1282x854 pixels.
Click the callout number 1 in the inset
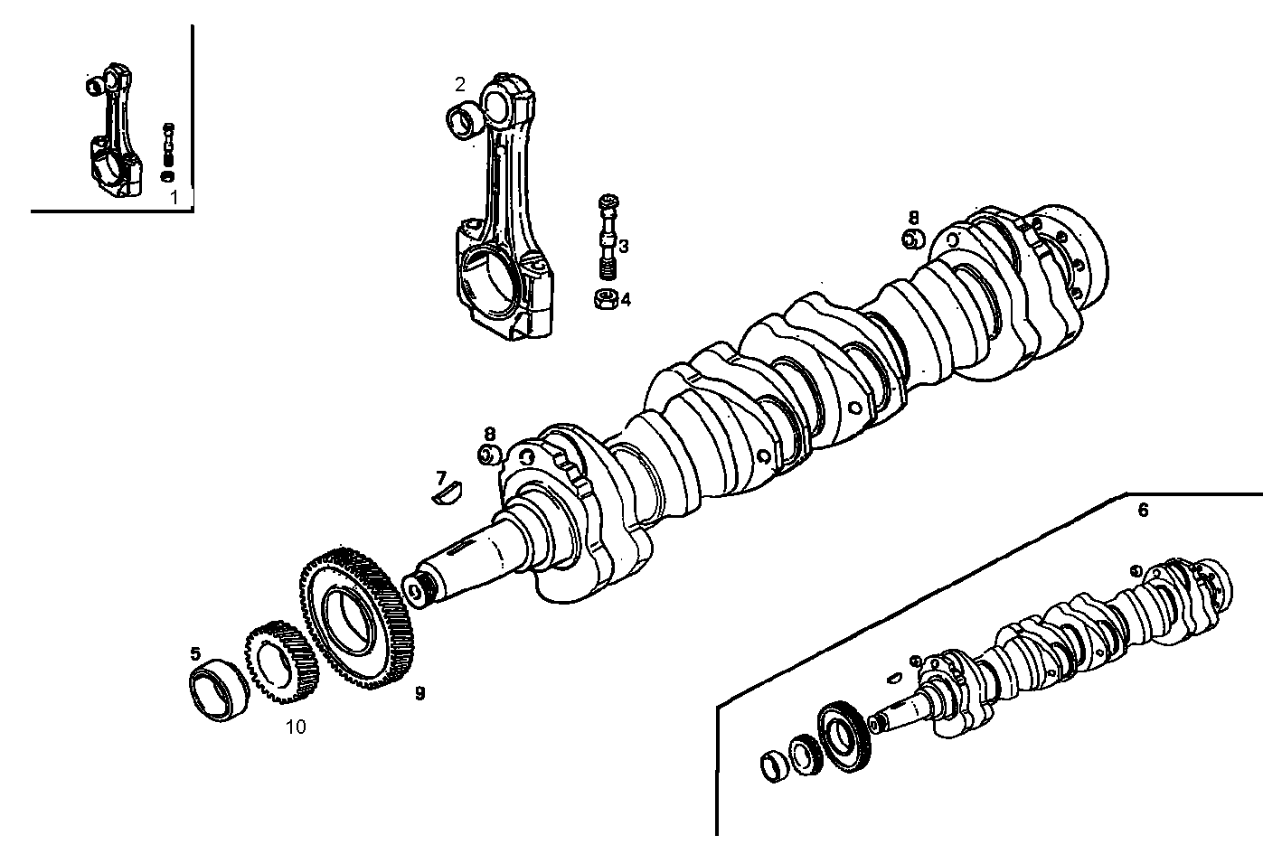pyautogui.click(x=175, y=195)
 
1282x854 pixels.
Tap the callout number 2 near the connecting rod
pyautogui.click(x=460, y=84)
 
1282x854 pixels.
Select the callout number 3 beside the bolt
pyautogui.click(x=624, y=246)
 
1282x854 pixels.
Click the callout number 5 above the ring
pyautogui.click(x=194, y=652)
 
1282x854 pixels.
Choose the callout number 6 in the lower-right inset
pyautogui.click(x=1143, y=511)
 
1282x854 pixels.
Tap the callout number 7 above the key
pyautogui.click(x=441, y=477)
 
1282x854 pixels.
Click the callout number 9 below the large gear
pyautogui.click(x=419, y=693)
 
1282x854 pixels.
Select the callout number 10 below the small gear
pyautogui.click(x=295, y=727)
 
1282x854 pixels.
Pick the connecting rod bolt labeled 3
pyautogui.click(x=608, y=237)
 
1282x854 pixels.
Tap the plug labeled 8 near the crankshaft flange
pyautogui.click(x=913, y=239)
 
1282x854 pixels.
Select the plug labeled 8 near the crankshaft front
pyautogui.click(x=489, y=455)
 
